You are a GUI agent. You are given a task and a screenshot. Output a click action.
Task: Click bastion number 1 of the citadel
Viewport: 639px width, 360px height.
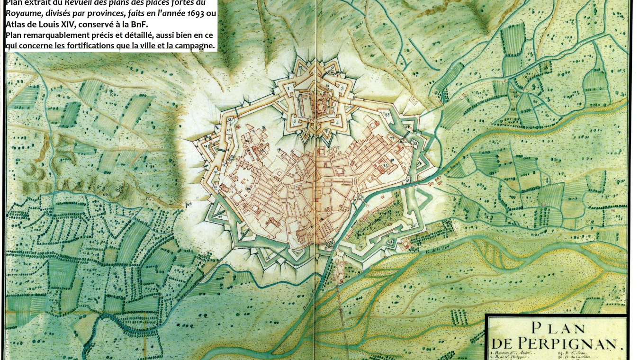(x=288, y=88)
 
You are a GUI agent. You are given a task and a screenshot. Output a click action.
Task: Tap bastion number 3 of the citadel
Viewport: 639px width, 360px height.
(x=342, y=88)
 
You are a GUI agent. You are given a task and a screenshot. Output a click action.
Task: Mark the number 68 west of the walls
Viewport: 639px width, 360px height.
(x=190, y=204)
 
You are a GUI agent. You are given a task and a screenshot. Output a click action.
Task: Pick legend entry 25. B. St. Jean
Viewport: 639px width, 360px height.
(x=573, y=353)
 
